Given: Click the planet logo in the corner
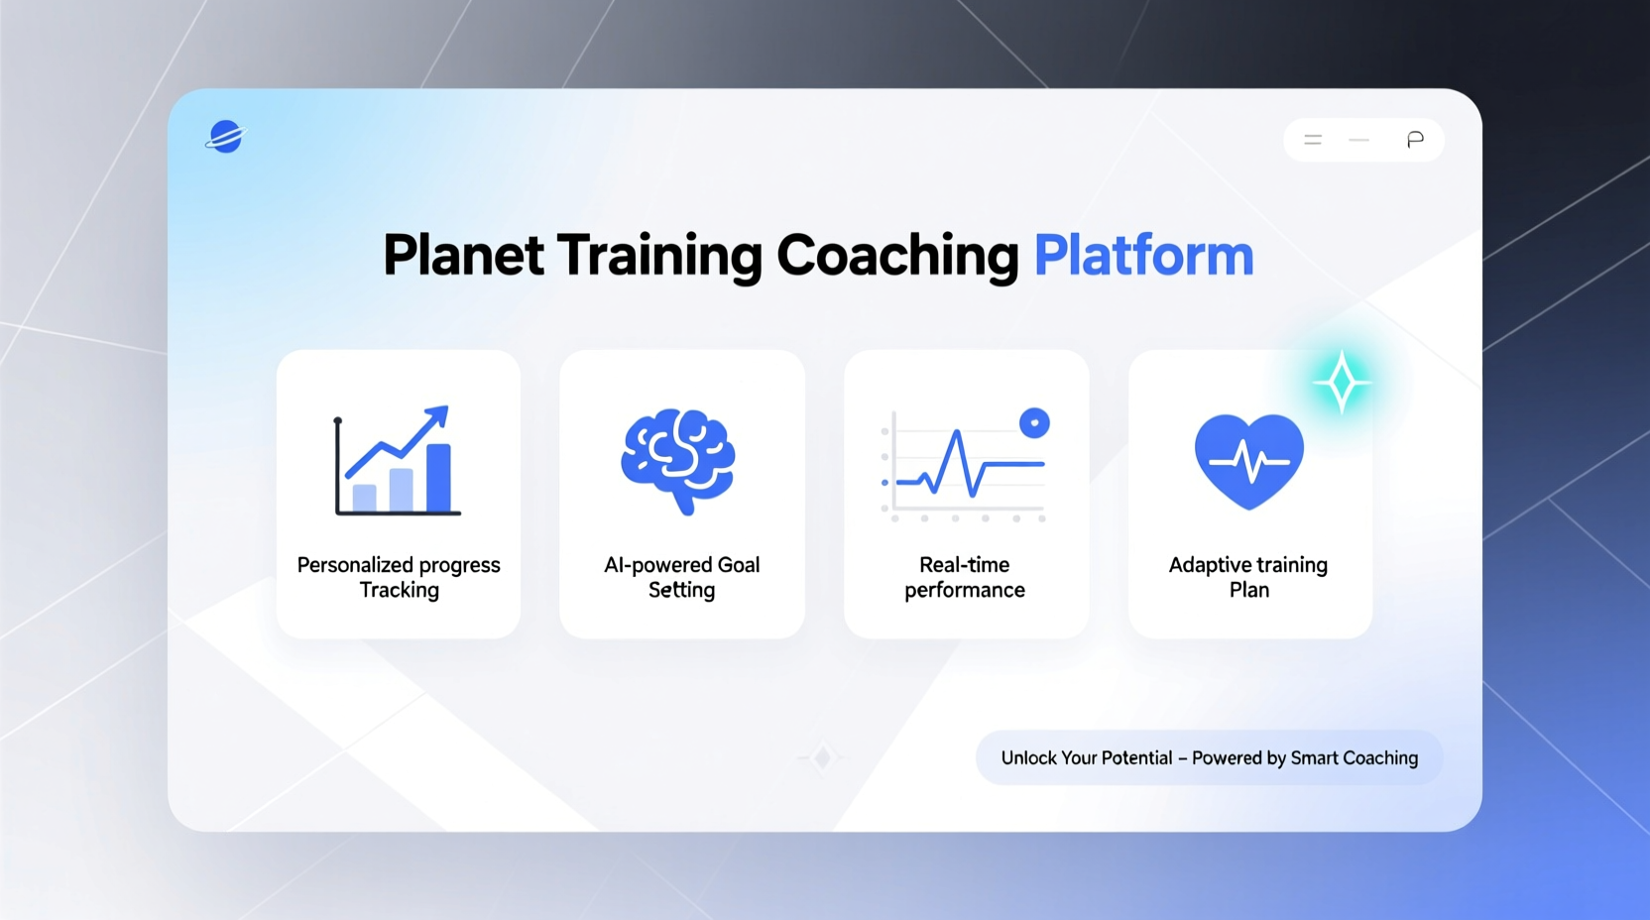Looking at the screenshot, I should pos(226,137).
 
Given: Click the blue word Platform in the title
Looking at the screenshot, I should pos(1143,256).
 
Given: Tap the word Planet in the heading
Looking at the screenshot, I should pos(463,256).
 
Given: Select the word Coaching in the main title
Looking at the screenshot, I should pos(896,256).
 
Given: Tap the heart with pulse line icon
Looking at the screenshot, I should pos(1248,460).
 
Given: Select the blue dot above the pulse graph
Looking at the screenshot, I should pos(1034,423).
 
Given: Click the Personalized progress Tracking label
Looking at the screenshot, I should pos(399,577).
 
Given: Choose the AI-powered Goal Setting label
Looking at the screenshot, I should pos(681,577).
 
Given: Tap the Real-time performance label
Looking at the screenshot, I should pos(965,577).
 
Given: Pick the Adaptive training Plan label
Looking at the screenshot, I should pos(1248,577).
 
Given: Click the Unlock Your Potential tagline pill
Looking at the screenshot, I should pos(1209,758).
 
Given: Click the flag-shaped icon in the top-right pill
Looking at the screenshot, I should pos(1415,140).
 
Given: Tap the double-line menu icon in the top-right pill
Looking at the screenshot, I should pos(1313,140).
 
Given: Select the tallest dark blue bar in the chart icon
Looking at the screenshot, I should pos(438,478).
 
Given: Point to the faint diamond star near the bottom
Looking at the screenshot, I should pos(822,758).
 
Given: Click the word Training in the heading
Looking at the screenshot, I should pos(658,256).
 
